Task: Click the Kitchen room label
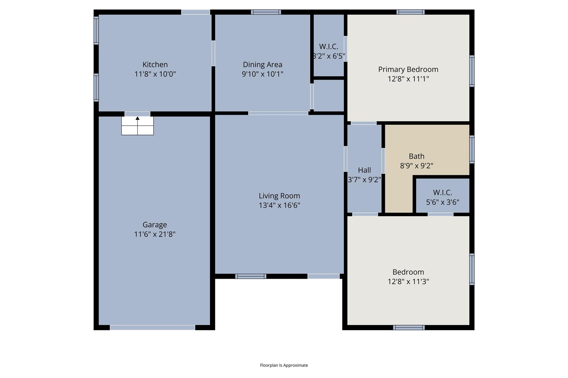point(155,65)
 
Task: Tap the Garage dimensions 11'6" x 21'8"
point(155,234)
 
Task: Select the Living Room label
point(279,196)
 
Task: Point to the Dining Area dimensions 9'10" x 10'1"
point(262,74)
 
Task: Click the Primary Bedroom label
point(408,69)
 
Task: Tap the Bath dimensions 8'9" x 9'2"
point(416,166)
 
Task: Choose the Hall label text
point(364,170)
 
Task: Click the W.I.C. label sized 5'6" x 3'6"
point(442,192)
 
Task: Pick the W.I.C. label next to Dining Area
point(328,47)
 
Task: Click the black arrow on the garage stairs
point(138,119)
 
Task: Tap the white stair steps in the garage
point(138,129)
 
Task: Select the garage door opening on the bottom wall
point(152,328)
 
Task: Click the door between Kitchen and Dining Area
point(213,53)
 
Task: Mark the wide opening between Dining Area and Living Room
point(278,113)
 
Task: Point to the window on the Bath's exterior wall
point(471,149)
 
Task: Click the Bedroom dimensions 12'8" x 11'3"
point(408,282)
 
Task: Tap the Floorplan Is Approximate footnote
point(284,365)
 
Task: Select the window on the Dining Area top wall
point(266,12)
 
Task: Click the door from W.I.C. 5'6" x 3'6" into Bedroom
point(440,214)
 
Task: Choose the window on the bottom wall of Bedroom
point(409,328)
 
